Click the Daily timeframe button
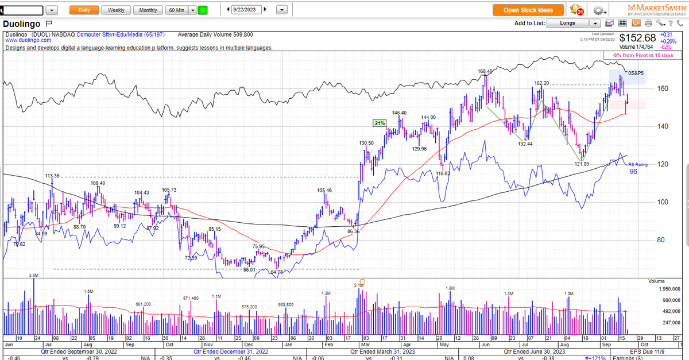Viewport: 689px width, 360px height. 84,10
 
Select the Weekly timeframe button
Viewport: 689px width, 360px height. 116,10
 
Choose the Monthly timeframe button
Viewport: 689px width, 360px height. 148,10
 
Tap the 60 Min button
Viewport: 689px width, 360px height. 176,10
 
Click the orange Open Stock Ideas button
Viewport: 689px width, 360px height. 528,10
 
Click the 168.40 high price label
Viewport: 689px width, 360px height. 485,72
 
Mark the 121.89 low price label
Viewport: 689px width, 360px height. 582,164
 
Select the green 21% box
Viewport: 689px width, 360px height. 379,123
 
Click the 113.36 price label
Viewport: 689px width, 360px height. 52,176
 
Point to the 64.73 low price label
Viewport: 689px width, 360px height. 277,272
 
